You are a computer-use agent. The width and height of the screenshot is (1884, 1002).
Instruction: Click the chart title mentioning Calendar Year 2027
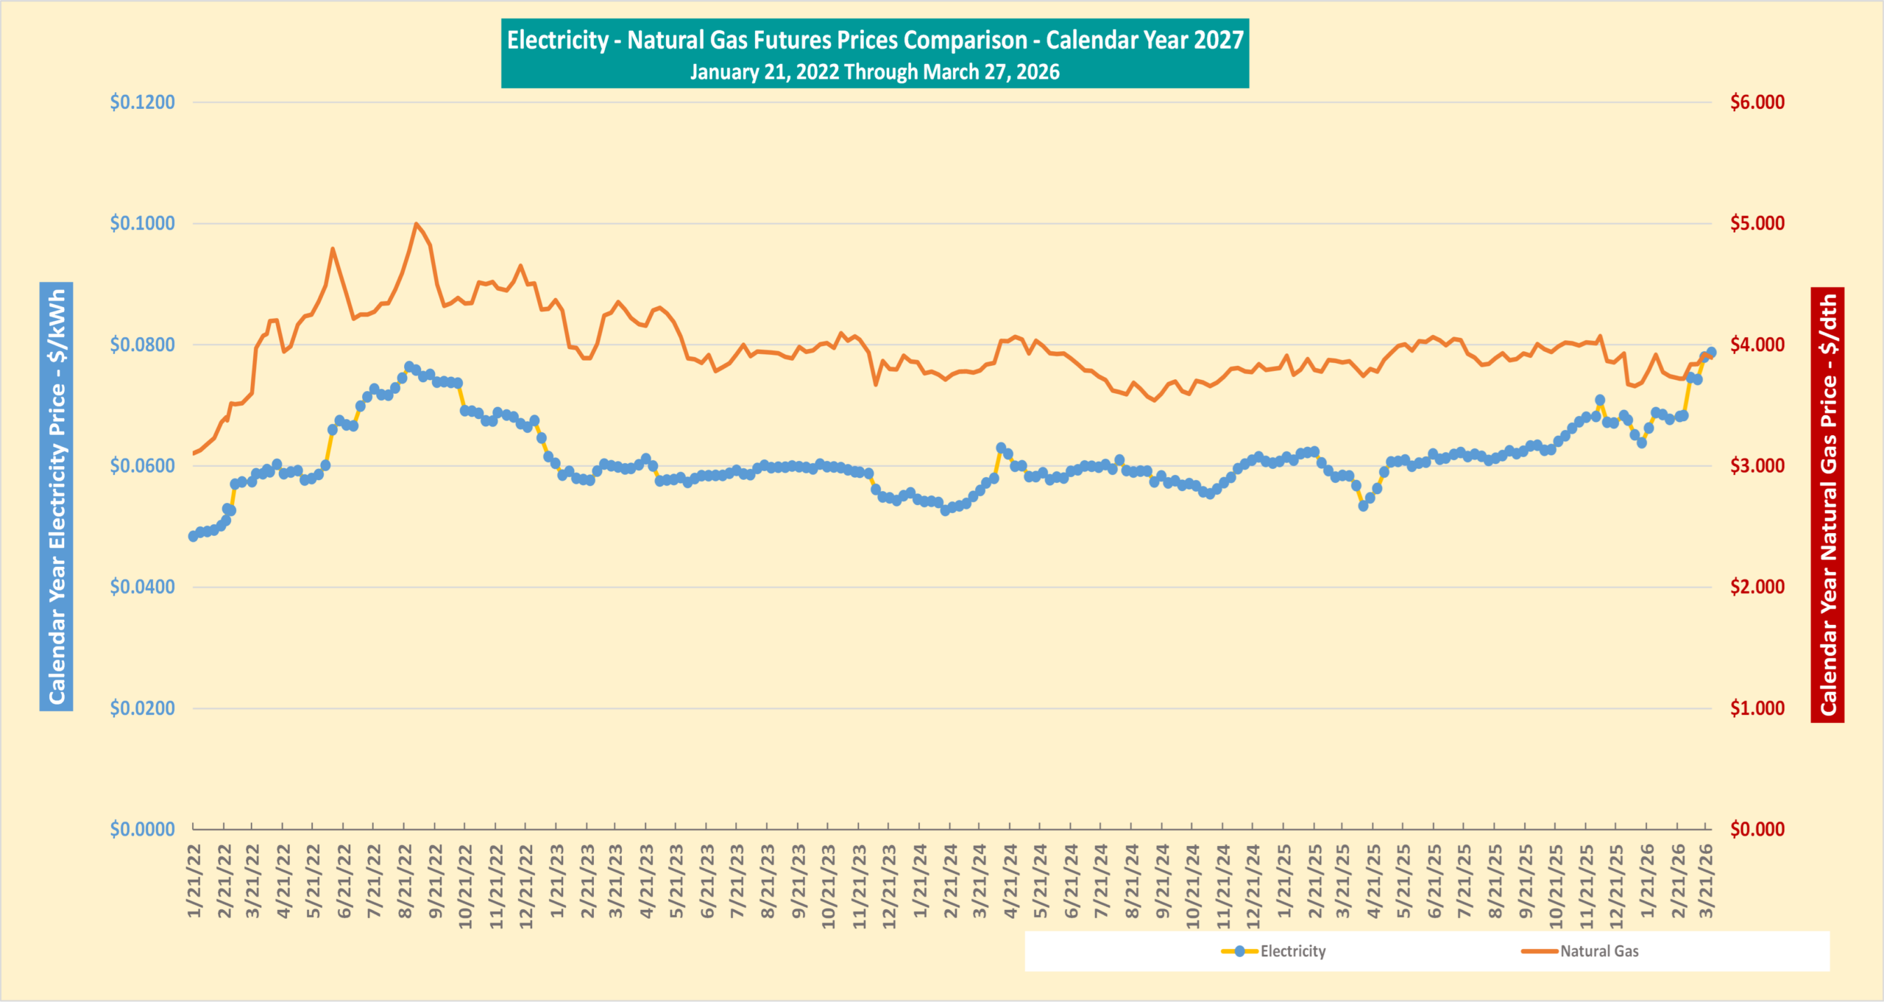(x=874, y=40)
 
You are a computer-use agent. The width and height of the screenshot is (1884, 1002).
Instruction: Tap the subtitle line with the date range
(x=874, y=72)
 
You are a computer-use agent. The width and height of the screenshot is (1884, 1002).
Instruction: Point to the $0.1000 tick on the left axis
(x=142, y=223)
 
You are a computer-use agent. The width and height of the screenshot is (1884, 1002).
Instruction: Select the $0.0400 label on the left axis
(x=142, y=587)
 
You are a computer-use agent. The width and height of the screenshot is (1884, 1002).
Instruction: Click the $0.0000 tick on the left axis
(x=142, y=829)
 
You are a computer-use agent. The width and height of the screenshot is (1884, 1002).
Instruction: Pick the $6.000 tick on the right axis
(x=1757, y=102)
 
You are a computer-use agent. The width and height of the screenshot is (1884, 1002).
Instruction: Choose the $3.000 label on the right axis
(x=1757, y=465)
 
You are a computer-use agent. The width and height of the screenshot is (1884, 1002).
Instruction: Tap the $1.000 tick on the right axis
(x=1757, y=708)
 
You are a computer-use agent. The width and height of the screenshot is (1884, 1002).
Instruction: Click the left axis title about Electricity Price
(x=57, y=496)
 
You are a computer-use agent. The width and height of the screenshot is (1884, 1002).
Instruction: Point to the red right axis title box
(x=1827, y=504)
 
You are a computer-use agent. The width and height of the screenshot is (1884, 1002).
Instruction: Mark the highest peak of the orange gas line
(x=416, y=223)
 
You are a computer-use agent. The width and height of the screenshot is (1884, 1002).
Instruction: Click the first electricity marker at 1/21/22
(x=193, y=536)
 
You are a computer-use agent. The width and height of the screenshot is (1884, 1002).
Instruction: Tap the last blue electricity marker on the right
(x=1711, y=353)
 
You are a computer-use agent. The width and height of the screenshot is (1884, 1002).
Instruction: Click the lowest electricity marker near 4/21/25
(x=1363, y=506)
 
